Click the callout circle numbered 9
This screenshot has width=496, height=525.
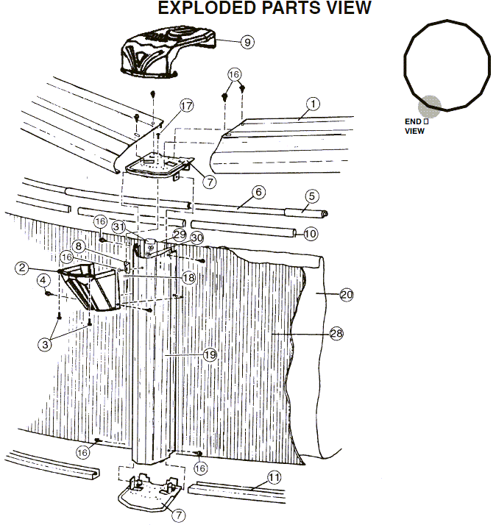click(x=247, y=42)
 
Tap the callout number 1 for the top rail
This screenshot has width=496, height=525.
click(x=313, y=104)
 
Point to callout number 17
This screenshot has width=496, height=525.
click(x=186, y=106)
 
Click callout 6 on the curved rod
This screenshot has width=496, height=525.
click(x=258, y=193)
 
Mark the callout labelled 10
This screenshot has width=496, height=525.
click(x=310, y=234)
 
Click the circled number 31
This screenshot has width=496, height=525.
click(x=119, y=226)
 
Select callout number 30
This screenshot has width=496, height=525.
click(x=196, y=238)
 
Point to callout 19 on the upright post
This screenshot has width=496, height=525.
click(x=210, y=354)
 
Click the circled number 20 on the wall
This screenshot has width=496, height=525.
click(x=346, y=295)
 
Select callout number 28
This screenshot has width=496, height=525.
click(x=336, y=334)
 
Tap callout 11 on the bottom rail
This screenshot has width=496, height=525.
click(x=274, y=477)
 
